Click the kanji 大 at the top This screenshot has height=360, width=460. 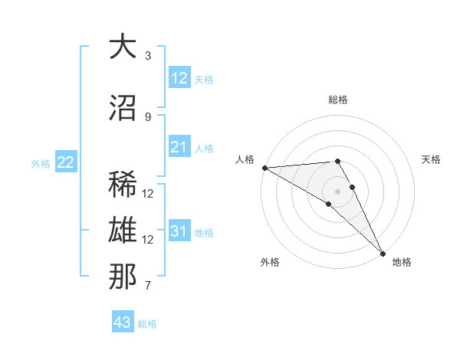pyautogui.click(x=123, y=47)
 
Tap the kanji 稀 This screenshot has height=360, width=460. pyautogui.click(x=123, y=185)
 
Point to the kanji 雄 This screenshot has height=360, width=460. pyautogui.click(x=123, y=231)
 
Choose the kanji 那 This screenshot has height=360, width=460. pyautogui.click(x=123, y=277)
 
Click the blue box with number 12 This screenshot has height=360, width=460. pyautogui.click(x=179, y=78)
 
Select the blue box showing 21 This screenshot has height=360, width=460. pyautogui.click(x=179, y=147)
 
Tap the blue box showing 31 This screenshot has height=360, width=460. pyautogui.click(x=179, y=231)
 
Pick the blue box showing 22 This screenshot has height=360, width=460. pyautogui.click(x=66, y=162)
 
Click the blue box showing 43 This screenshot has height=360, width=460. pyautogui.click(x=123, y=322)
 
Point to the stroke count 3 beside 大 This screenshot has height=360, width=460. pyautogui.click(x=148, y=56)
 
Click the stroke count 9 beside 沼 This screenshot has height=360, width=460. pyautogui.click(x=148, y=116)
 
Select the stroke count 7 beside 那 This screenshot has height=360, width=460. pyautogui.click(x=148, y=286)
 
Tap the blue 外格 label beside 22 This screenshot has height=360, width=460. pyautogui.click(x=41, y=163)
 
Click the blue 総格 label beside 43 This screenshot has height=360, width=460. pyautogui.click(x=147, y=324)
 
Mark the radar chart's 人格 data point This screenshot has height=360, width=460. pyautogui.click(x=264, y=168)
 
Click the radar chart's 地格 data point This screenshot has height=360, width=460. pyautogui.click(x=382, y=253)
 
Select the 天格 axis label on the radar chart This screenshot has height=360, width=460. pyautogui.click(x=432, y=159)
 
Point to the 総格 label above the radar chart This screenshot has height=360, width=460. pyautogui.click(x=338, y=100)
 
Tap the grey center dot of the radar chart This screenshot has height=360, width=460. pyautogui.click(x=337, y=190)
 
